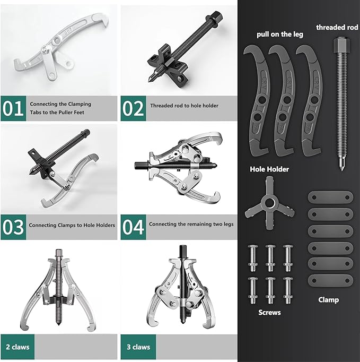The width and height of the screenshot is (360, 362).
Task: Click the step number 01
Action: point(13,108)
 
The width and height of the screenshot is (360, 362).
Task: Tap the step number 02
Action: point(133,108)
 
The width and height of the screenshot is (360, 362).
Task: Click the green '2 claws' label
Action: point(19,347)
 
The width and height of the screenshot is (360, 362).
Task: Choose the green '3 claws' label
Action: point(138,347)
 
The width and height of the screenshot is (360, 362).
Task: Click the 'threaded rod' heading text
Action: point(337,27)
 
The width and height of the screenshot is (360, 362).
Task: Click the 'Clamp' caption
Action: point(328,300)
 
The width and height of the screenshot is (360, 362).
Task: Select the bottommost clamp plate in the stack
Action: point(330,280)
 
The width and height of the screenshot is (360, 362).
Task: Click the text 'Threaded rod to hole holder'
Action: point(184,106)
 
